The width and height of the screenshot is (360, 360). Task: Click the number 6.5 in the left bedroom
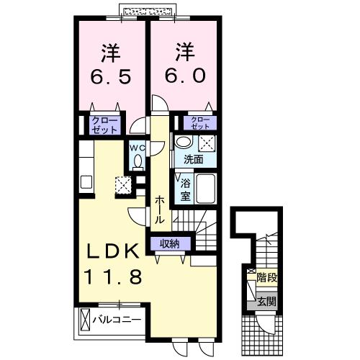[x=111, y=76]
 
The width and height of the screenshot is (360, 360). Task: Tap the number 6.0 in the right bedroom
[x=184, y=76]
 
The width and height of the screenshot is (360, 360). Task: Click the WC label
[x=137, y=150]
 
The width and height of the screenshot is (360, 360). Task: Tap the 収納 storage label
[x=171, y=243]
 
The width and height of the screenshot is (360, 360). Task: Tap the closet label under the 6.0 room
[x=200, y=122]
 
